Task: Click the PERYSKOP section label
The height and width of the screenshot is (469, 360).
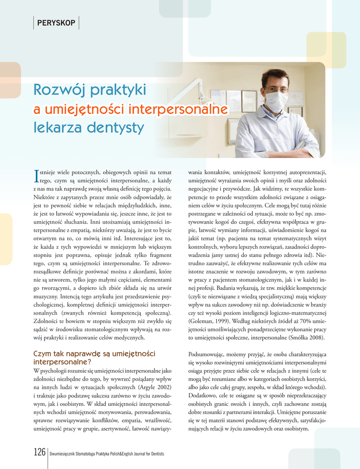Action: (56, 23)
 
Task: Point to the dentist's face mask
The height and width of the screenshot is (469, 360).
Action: (276, 100)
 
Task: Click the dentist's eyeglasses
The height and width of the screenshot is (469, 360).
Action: (276, 89)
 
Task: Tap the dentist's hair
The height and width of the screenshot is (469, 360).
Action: (275, 75)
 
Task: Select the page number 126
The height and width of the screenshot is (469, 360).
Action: (39, 453)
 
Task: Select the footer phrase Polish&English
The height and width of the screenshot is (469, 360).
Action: (123, 454)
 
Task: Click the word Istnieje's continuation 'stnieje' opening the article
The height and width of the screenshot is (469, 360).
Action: (50, 173)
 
